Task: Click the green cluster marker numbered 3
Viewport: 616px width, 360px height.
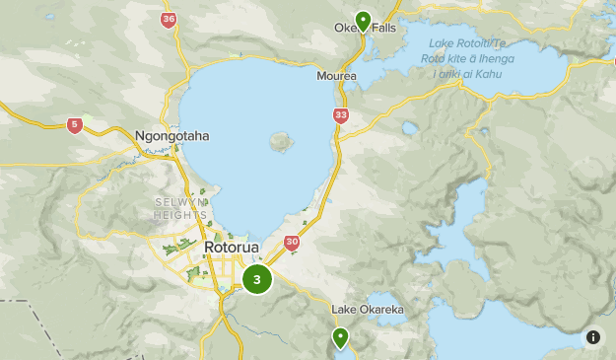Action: point(257,279)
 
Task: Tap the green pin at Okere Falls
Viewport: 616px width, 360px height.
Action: point(363,22)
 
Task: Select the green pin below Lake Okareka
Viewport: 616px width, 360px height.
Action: point(341,338)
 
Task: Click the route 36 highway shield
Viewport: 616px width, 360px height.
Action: point(169,19)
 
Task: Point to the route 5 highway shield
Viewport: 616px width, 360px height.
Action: point(75,124)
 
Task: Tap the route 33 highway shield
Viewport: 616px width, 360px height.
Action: point(341,115)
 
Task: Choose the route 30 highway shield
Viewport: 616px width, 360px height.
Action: point(292,242)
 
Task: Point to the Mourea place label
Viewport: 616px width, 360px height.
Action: point(336,76)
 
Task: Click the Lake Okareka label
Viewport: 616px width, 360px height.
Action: point(368,310)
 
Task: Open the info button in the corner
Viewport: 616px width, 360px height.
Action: point(593,336)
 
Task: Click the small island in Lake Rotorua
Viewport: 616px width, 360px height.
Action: point(282,140)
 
